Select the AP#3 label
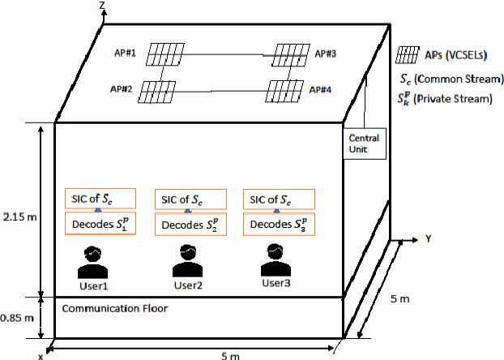(326, 54)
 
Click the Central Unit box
(363, 144)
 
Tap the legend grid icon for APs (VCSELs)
(410, 56)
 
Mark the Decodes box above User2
(189, 224)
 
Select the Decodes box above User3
(279, 224)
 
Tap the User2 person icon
(186, 259)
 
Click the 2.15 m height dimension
(18, 217)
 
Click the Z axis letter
(101, 6)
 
